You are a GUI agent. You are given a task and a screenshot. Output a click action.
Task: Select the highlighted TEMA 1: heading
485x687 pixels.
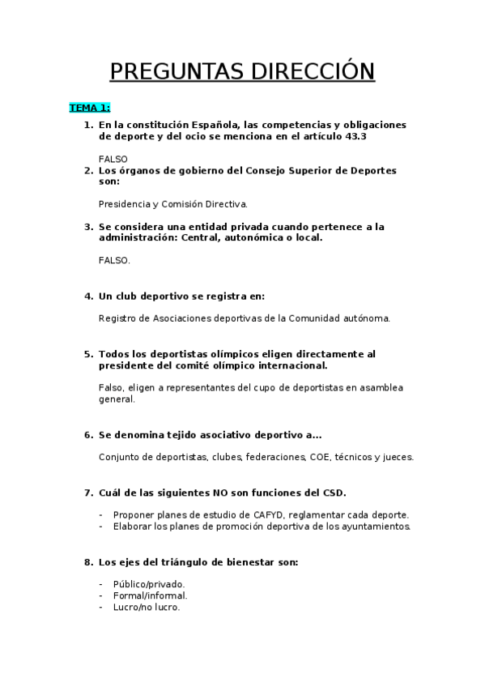point(90,107)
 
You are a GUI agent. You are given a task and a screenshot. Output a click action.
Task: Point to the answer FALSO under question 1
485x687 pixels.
point(113,159)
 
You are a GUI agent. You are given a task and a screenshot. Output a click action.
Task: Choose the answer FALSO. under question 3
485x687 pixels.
point(114,261)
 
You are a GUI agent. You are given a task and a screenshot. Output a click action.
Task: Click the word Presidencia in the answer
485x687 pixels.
point(125,204)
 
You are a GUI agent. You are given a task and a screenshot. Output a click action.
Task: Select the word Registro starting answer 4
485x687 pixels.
point(118,318)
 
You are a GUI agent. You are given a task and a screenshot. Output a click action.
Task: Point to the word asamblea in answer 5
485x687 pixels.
point(380,388)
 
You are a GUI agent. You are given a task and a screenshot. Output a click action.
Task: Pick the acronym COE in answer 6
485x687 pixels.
point(320,457)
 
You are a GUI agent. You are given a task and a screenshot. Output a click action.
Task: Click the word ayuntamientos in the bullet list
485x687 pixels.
point(372,527)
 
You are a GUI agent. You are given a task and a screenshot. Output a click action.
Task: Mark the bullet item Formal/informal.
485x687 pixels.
point(150,595)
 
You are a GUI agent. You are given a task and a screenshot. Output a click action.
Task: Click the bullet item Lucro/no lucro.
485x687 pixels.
point(147,607)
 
